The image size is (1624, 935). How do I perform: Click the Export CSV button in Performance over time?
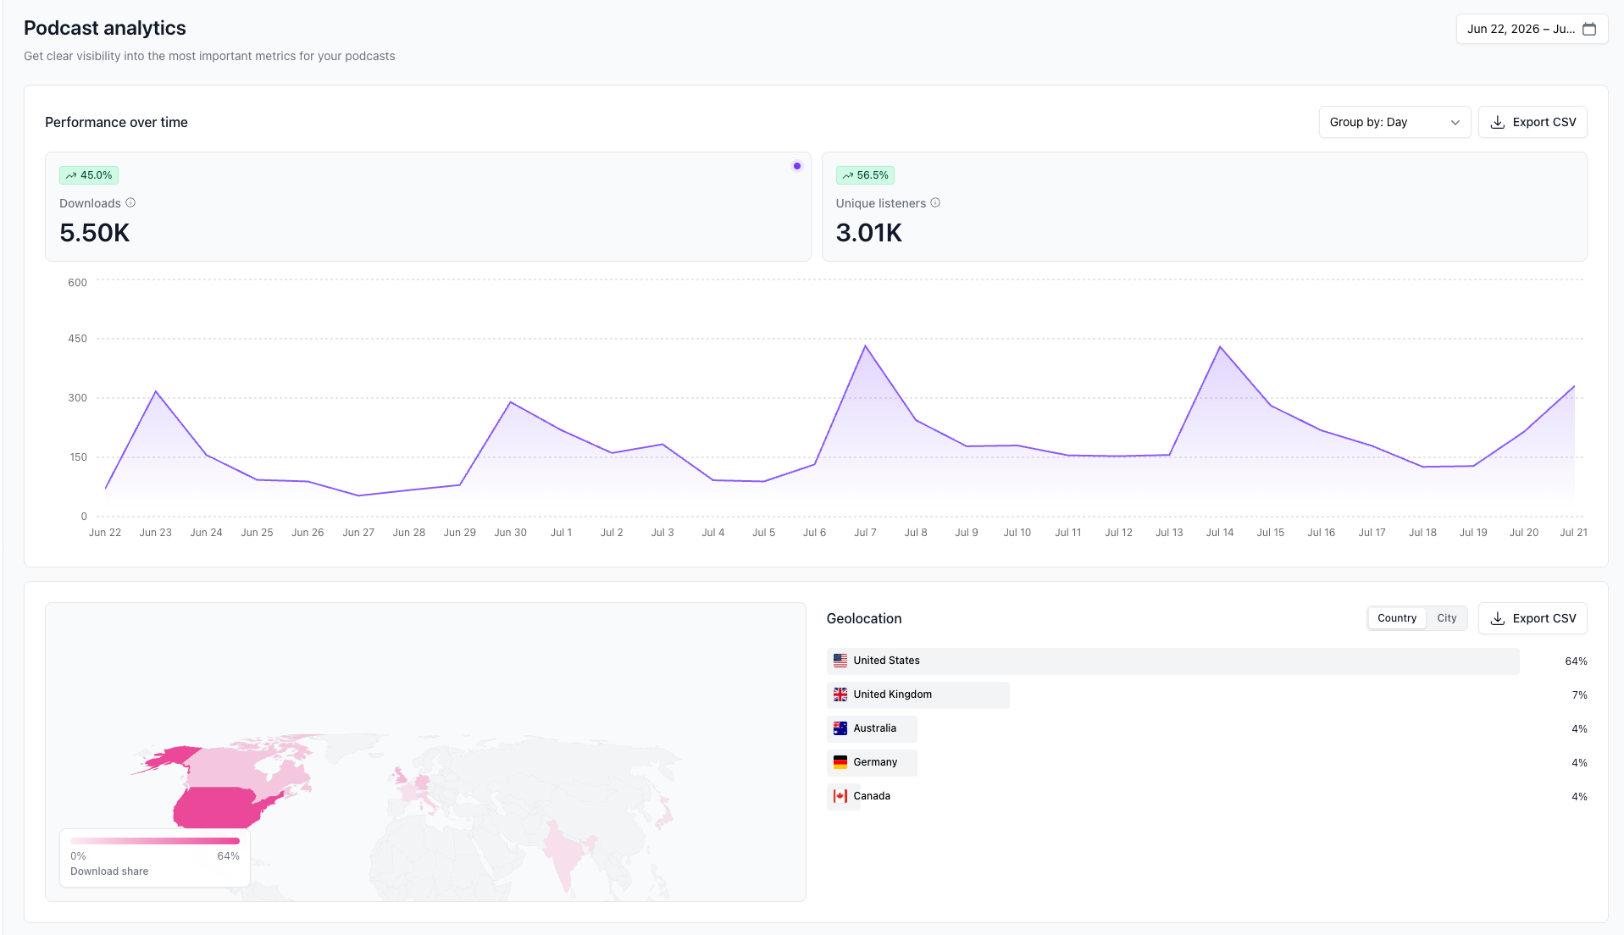coord(1532,122)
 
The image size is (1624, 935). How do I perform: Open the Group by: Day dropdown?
coord(1394,122)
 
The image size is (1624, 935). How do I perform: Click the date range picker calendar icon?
coord(1589,29)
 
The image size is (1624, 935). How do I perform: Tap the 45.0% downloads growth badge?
coord(89,175)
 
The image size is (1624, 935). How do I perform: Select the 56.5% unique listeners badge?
coord(865,175)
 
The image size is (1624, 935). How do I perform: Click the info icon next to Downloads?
coord(130,202)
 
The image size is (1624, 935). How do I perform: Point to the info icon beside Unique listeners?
coord(935,202)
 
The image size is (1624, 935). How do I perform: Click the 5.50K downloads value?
coord(95,232)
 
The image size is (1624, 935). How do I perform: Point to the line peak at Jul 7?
coord(865,346)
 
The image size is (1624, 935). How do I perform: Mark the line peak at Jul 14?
coord(1220,346)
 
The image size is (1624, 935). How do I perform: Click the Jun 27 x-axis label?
coord(358,533)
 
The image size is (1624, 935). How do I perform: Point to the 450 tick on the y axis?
coord(77,339)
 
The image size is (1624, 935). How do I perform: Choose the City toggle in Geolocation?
coord(1446,618)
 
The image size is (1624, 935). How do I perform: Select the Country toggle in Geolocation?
coord(1396,618)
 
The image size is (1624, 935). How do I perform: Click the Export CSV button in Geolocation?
coord(1532,618)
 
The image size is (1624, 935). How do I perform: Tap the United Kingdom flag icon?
coord(840,694)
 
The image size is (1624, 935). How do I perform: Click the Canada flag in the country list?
coord(840,796)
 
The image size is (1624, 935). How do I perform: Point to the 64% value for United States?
coord(1576,661)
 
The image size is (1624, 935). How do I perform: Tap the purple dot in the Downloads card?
coord(796,166)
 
